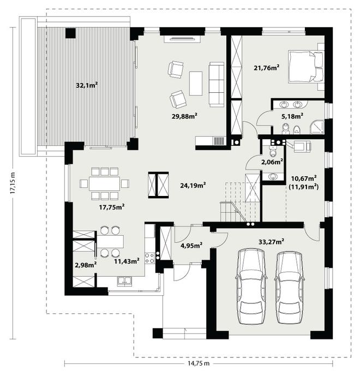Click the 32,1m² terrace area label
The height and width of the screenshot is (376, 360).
(x=87, y=85)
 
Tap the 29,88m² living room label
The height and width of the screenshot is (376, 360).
(x=184, y=116)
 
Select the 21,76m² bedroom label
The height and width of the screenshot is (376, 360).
(x=267, y=68)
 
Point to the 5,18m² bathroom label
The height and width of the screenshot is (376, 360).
(x=292, y=116)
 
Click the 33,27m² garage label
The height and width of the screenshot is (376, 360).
(x=271, y=242)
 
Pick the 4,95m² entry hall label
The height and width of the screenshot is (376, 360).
(x=191, y=246)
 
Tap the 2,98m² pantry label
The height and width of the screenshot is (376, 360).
(x=86, y=265)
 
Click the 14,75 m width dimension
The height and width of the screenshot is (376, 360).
(x=199, y=363)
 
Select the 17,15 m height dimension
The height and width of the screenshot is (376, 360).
(x=13, y=183)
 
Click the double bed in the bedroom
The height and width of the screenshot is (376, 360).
(x=306, y=67)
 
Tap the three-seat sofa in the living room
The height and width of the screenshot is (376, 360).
(x=217, y=84)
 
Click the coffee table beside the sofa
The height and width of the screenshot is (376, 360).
(x=196, y=83)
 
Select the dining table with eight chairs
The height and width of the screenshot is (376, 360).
(x=105, y=184)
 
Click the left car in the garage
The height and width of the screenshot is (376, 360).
(x=251, y=286)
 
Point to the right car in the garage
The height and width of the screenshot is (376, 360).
(x=290, y=287)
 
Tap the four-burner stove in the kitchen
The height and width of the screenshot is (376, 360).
(x=150, y=258)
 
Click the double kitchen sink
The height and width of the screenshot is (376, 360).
(x=124, y=281)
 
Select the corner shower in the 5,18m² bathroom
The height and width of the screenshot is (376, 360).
(x=317, y=127)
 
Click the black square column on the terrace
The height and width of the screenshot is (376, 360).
(x=70, y=33)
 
